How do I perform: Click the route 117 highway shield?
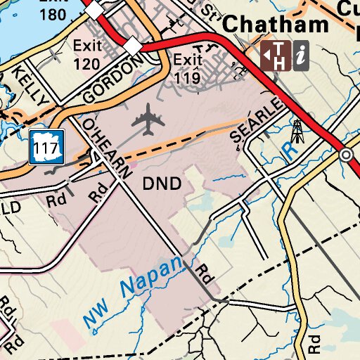click(x=47, y=146)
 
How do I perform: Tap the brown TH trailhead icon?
click(x=275, y=55)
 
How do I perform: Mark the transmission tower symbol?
click(x=297, y=131)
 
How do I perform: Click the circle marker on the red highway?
click(x=345, y=155)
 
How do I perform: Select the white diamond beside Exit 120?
click(x=132, y=44)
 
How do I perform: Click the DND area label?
click(x=162, y=184)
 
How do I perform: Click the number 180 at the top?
click(x=55, y=15)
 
